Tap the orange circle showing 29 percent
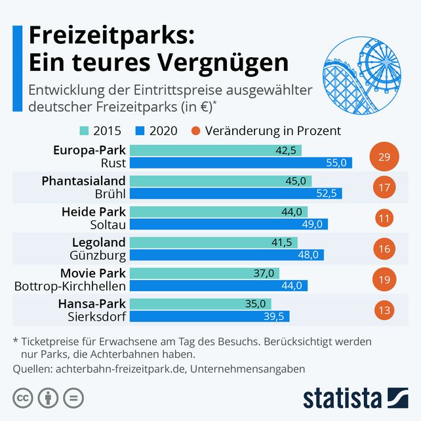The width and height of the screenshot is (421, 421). (x=384, y=157)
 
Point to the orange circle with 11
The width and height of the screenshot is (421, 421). (x=384, y=218)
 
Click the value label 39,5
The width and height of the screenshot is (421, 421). (x=276, y=316)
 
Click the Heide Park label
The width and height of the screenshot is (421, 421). (x=93, y=212)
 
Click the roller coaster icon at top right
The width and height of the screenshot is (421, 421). (x=358, y=72)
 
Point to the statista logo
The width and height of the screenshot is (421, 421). (x=355, y=397)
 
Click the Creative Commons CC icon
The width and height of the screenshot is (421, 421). (x=23, y=397)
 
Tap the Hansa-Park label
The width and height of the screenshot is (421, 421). (x=92, y=304)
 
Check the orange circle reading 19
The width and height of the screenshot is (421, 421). (x=384, y=279)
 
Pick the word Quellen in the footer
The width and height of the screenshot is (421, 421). (x=33, y=369)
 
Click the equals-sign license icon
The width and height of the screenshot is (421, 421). (x=73, y=397)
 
